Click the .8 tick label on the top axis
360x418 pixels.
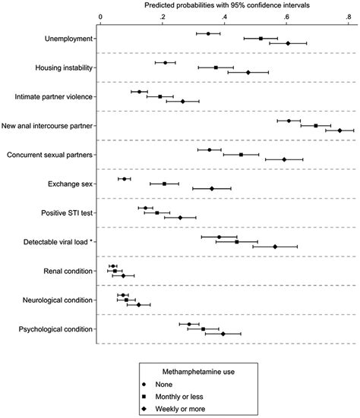348,15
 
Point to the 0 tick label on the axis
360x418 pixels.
101,15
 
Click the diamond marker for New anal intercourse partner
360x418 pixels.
339,130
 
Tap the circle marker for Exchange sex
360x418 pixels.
124,179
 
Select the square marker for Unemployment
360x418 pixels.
261,38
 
